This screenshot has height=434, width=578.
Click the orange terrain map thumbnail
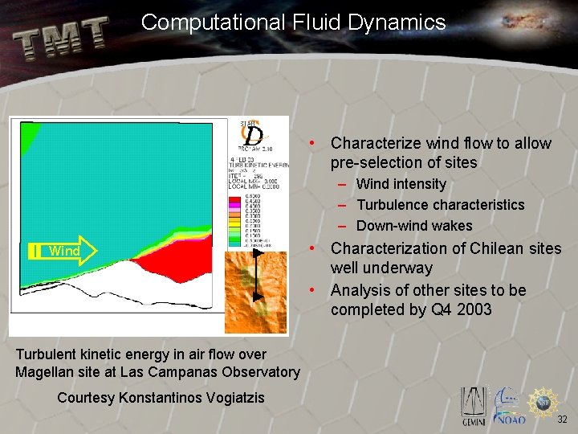tap(254, 291)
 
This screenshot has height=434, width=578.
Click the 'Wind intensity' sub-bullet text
tap(401, 184)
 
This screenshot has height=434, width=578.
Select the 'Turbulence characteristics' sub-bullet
tap(440, 205)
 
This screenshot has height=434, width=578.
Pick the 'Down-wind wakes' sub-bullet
tap(414, 226)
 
